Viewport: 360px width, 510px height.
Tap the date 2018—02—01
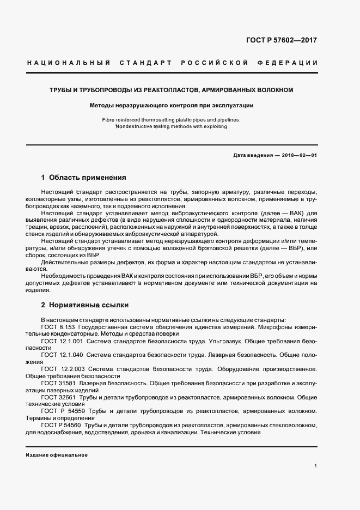pyautogui.click(x=298, y=155)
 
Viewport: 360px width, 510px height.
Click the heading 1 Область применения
pyautogui.click(x=83, y=178)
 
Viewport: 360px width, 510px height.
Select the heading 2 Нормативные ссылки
pyautogui.click(x=84, y=305)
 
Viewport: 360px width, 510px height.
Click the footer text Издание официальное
pyautogui.click(x=57, y=454)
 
